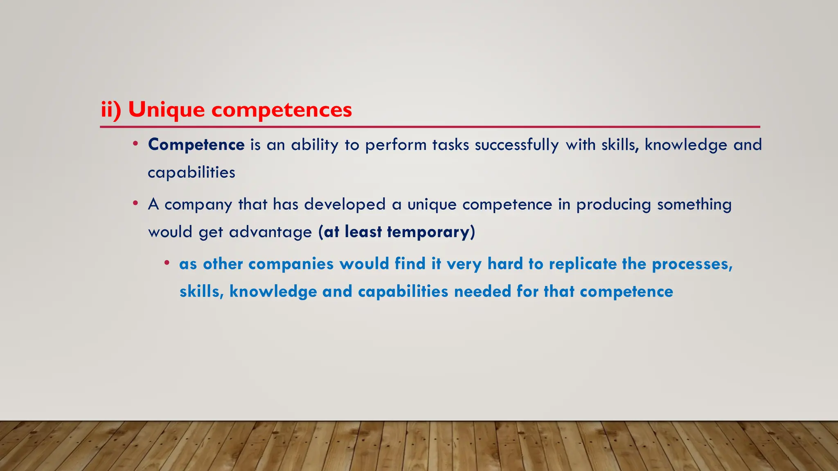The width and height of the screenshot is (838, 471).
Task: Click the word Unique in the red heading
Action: coord(166,110)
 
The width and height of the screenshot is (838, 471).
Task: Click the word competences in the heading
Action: coord(281,110)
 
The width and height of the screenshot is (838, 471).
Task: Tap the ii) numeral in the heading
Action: coord(111,110)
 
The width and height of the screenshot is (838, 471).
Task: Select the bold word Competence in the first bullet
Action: coord(196,145)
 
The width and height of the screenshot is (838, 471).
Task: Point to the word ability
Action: coord(315,145)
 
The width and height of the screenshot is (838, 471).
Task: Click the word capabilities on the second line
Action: coord(191,173)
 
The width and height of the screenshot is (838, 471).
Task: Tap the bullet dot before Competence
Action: coord(135,144)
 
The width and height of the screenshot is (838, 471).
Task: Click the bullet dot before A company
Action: coord(135,203)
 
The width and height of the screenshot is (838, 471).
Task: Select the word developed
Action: coord(345,204)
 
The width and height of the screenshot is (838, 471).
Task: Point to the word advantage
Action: coord(270,232)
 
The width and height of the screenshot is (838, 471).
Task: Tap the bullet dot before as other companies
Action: coord(167,263)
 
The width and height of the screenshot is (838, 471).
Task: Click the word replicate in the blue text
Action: coord(582,264)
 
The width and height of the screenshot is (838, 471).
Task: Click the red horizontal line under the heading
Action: coord(430,127)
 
